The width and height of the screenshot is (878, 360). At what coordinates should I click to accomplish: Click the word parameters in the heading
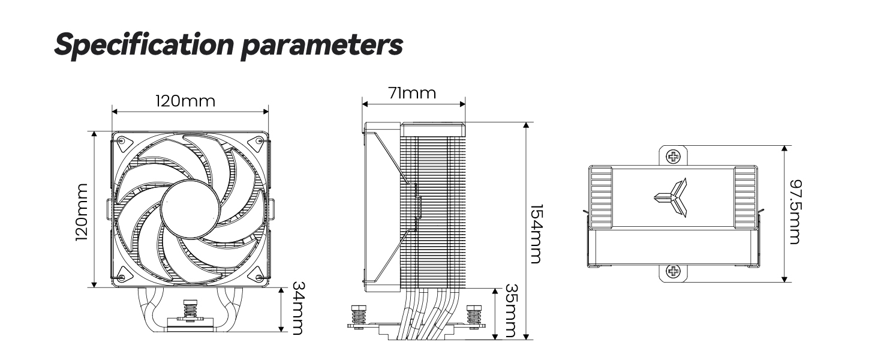pyautogui.click(x=321, y=46)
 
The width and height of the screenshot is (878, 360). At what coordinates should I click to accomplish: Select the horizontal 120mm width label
pyautogui.click(x=185, y=100)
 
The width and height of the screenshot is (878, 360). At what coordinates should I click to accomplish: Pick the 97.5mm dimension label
pyautogui.click(x=794, y=212)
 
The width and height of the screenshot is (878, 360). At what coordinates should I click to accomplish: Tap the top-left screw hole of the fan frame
pyautogui.click(x=122, y=142)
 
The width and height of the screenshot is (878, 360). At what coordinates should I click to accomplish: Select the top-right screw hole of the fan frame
pyautogui.click(x=259, y=142)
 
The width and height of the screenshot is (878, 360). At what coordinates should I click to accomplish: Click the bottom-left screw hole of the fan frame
pyautogui.click(x=122, y=278)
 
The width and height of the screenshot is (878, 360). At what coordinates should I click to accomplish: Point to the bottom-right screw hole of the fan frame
pyautogui.click(x=259, y=278)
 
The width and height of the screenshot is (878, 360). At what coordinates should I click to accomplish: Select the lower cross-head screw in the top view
pyautogui.click(x=674, y=272)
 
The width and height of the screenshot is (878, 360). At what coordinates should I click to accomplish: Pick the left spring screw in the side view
pyautogui.click(x=359, y=316)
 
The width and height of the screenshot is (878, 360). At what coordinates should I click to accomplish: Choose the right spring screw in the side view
pyautogui.click(x=473, y=316)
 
